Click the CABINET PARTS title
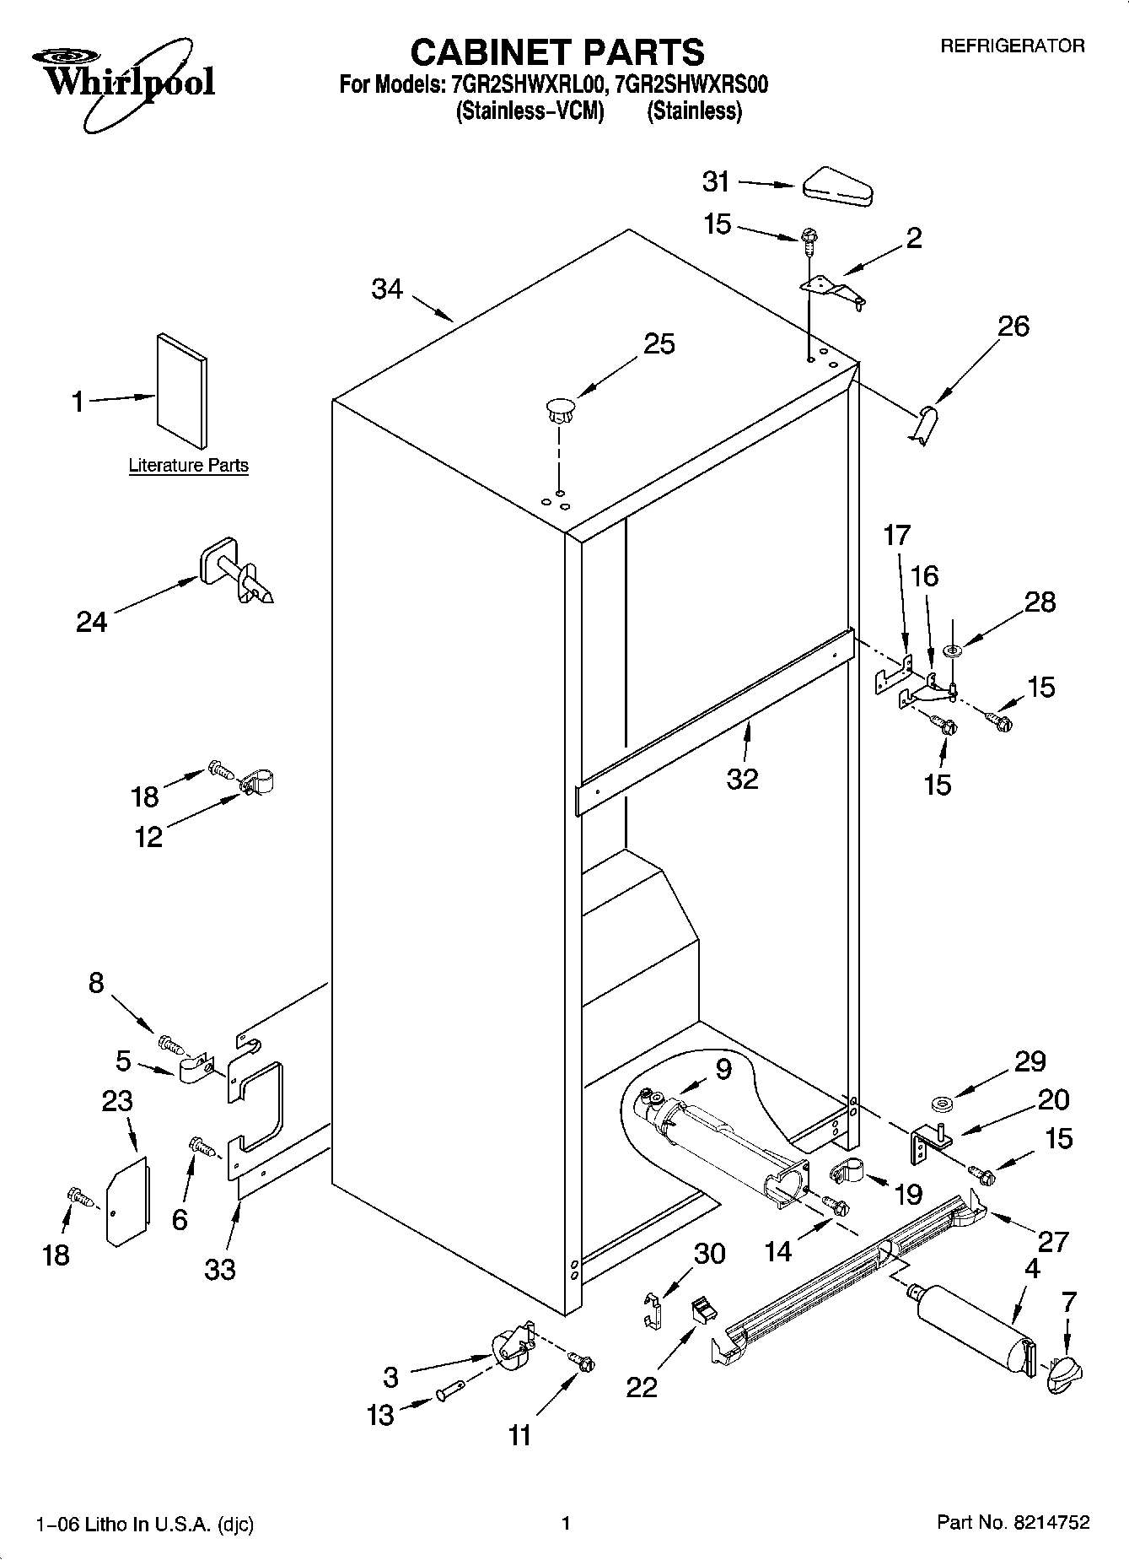(x=556, y=52)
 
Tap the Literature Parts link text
(x=188, y=465)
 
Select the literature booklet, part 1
(x=181, y=390)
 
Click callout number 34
(x=387, y=289)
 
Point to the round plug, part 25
(x=559, y=410)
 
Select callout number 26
(x=1013, y=327)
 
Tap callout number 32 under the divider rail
(x=743, y=779)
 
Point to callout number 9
(x=723, y=1068)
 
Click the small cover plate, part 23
(x=126, y=1200)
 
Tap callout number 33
(x=220, y=1268)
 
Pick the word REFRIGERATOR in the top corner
(x=1012, y=46)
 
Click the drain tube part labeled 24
(x=236, y=574)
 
